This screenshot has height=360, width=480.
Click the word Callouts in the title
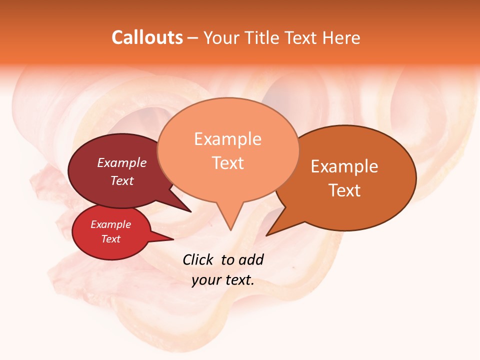147,37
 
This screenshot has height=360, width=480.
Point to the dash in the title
193,38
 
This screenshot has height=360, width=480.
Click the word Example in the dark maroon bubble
121,162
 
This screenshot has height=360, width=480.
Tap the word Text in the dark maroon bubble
121,180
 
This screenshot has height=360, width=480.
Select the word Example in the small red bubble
110,224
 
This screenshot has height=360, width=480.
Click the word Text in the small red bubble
110,239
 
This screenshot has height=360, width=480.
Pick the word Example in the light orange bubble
227,139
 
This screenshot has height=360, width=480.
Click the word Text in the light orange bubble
227,163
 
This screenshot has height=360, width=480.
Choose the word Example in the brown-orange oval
344,166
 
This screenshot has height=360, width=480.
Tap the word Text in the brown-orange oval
344,190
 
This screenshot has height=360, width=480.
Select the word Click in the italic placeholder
199,259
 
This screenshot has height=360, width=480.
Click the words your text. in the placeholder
222,280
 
